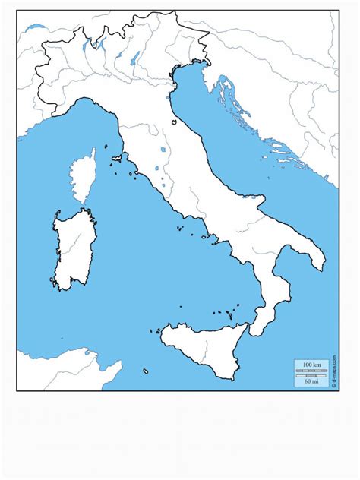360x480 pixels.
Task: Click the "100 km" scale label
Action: coord(311,365)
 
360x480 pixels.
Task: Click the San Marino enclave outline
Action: coord(174,121)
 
